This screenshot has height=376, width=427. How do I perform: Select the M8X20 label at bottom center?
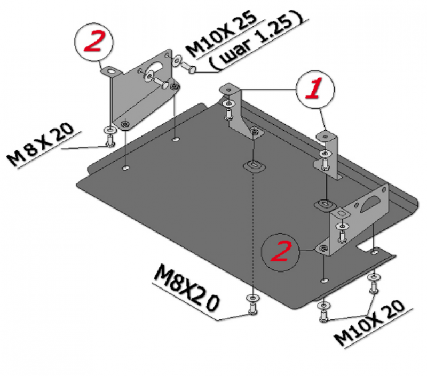point(186,289)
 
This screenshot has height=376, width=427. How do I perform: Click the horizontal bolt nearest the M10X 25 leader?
point(188,67)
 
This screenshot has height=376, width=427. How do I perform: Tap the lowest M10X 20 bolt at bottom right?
point(323,316)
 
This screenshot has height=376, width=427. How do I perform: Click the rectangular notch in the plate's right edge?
point(364,246)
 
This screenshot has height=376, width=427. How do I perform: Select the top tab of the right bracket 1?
point(326,135)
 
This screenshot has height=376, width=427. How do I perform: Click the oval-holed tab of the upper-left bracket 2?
point(111,71)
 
